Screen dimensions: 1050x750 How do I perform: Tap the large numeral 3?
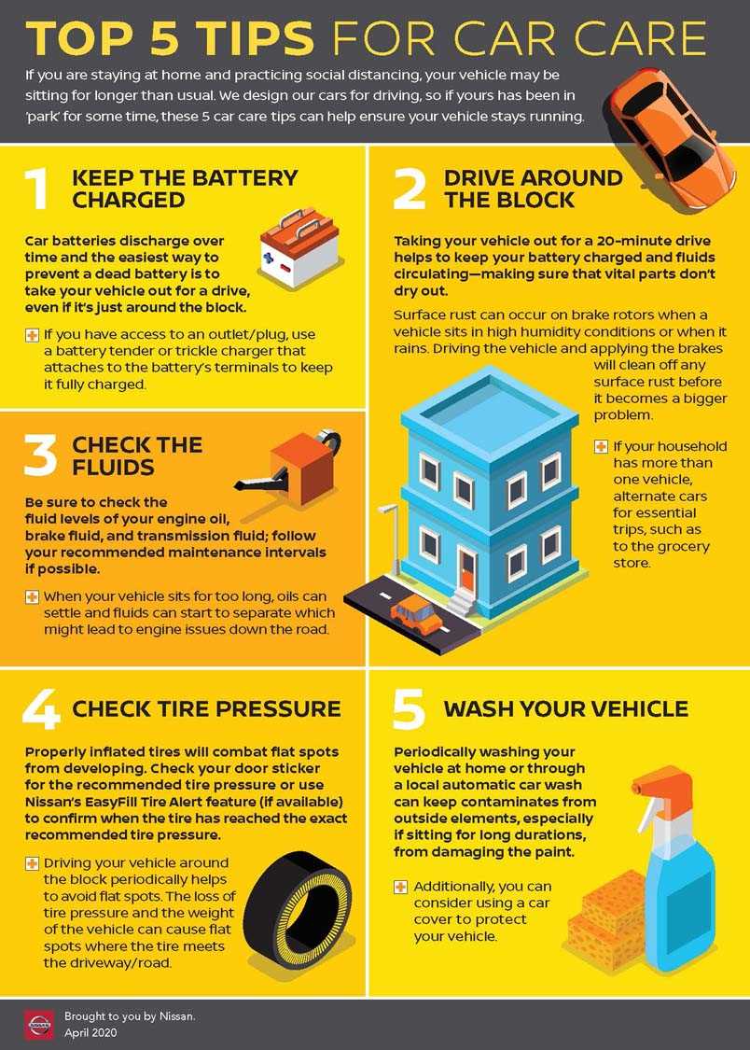point(39,455)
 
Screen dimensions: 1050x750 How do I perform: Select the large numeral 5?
point(409,708)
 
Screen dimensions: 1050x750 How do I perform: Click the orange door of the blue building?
point(466,569)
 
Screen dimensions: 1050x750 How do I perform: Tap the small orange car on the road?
point(416,616)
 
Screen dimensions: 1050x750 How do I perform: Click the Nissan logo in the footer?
point(38,1024)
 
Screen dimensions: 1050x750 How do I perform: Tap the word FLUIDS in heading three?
point(114,466)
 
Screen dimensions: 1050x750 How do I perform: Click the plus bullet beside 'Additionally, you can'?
point(400,887)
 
